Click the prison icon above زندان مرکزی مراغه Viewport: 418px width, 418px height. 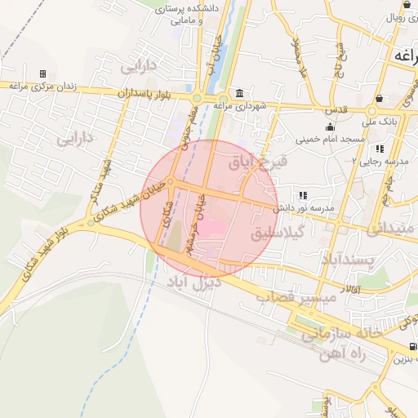point(43,74)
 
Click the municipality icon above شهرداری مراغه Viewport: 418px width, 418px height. point(238,93)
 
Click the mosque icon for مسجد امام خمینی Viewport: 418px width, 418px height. point(331,127)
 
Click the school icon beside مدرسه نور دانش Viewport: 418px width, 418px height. point(303,196)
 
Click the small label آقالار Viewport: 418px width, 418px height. point(347,288)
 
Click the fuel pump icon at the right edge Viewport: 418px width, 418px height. point(412,347)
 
